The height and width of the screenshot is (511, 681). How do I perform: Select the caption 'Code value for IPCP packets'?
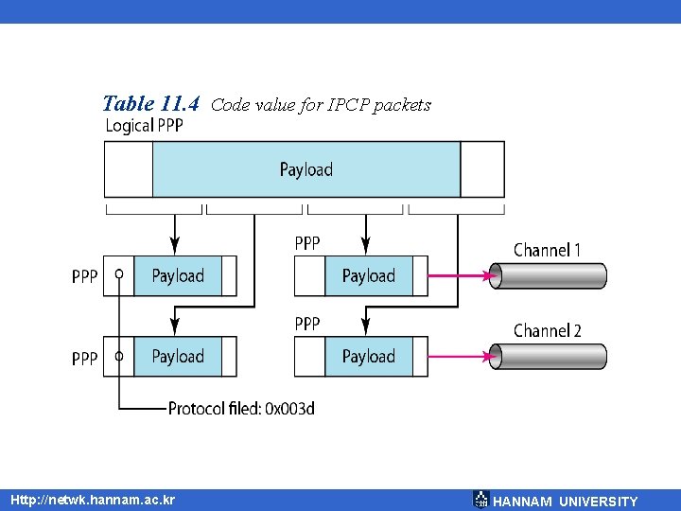point(321,105)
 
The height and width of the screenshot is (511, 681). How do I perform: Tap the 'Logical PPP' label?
point(143,126)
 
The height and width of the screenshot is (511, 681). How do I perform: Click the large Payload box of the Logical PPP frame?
point(306,169)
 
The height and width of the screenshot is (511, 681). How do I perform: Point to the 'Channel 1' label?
point(547,250)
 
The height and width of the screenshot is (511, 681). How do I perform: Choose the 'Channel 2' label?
point(547,330)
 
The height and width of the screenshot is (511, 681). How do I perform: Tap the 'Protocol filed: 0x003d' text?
point(241,409)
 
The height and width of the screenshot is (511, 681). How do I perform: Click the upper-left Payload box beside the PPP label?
point(178,275)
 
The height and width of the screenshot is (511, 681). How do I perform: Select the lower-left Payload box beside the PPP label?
point(178,357)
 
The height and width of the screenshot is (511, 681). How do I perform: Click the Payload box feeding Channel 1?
point(369,275)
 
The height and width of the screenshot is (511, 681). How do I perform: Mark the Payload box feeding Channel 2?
point(369,357)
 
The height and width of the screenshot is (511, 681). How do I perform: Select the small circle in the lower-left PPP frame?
point(118,357)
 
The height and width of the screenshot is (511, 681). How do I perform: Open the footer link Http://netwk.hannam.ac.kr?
point(92,499)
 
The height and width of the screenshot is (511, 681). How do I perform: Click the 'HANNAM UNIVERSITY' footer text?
point(566,502)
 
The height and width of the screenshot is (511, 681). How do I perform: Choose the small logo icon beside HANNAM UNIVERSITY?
point(481,500)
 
